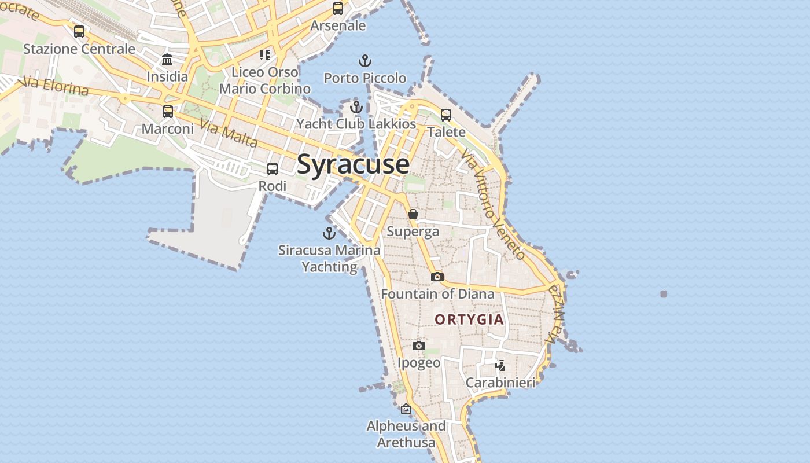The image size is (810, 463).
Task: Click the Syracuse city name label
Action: [x=353, y=164]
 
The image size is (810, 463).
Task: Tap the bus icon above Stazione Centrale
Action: [x=79, y=31]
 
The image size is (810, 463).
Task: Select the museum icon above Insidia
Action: [x=168, y=59]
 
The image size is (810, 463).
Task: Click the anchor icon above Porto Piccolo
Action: [x=365, y=60]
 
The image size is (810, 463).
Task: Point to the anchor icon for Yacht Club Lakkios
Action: [x=356, y=106]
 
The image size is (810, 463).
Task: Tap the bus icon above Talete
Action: [x=446, y=115]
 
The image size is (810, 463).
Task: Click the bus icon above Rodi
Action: [x=273, y=169]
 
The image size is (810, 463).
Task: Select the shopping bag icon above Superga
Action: [x=413, y=214]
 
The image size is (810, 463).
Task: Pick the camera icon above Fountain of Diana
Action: [x=437, y=277]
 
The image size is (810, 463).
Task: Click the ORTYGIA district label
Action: [x=469, y=319]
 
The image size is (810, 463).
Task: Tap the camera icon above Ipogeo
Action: [x=419, y=346]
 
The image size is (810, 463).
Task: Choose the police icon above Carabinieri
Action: [x=500, y=365]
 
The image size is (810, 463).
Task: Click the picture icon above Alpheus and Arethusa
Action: [x=406, y=409]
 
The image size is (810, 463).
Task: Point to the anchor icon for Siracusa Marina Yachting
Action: [x=329, y=233]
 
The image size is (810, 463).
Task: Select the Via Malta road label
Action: [x=229, y=133]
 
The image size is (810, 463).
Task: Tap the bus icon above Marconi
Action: [x=168, y=111]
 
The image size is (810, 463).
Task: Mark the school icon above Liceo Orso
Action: [x=265, y=55]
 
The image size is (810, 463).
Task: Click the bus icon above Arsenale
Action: [x=338, y=9]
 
